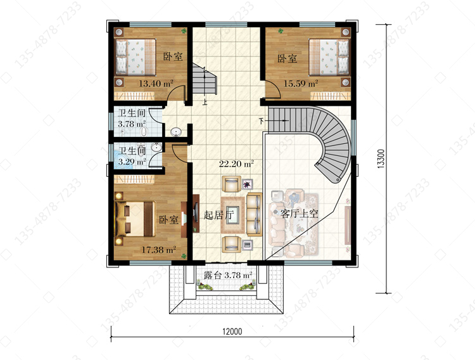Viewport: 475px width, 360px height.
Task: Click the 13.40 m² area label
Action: pos(156,84)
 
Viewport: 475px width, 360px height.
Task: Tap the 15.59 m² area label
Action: pos(300,84)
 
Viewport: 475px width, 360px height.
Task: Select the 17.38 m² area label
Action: pos(159,250)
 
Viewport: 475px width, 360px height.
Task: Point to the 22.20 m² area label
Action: pos(236,164)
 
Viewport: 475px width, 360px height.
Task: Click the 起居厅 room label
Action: pos(218,215)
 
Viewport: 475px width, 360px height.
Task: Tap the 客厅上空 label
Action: pos(300,214)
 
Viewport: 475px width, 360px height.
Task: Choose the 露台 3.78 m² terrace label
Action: pos(228,275)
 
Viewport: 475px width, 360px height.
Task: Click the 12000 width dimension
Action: pos(232,331)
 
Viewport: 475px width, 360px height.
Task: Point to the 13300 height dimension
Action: pos(381,158)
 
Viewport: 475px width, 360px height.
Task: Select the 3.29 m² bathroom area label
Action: pos(132,162)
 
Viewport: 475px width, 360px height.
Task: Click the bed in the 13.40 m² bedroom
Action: pos(136,57)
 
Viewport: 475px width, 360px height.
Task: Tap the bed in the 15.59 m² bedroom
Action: pos(329,57)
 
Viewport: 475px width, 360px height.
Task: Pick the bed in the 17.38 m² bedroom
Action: pos(136,219)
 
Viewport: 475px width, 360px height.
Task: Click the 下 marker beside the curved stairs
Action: pos(262,121)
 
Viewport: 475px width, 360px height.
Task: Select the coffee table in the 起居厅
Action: pos(232,215)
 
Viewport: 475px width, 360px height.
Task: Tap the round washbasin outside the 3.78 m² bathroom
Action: pos(176,132)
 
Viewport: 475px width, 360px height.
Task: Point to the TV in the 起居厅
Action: pos(196,214)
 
